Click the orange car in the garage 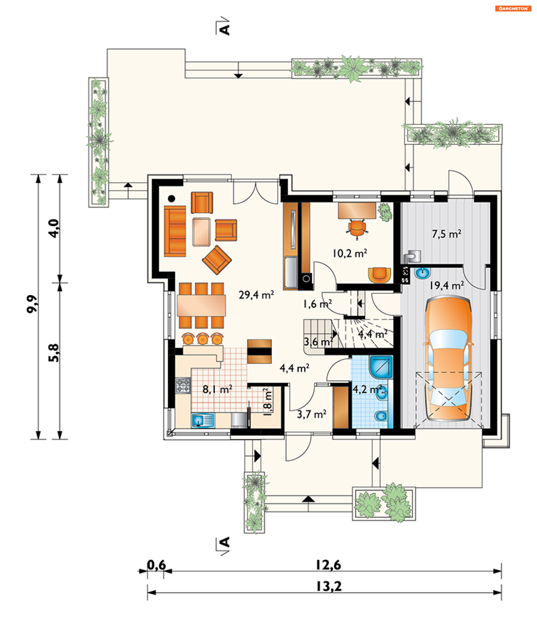coord(448,358)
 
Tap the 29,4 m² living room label coord(256,295)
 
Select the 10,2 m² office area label coord(350,253)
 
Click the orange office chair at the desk coord(357,229)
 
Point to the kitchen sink coord(203,420)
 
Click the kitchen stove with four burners coord(183,386)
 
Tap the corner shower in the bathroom coord(381,367)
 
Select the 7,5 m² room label coord(446,234)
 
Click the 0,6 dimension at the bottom coord(156,565)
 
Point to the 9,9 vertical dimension coord(32,304)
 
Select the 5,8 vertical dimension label coord(54,353)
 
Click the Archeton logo coord(513,8)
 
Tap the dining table coord(201,305)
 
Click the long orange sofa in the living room coord(175,231)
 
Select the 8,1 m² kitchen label coord(217,390)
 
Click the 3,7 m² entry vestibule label coord(312,414)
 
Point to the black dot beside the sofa coord(171,198)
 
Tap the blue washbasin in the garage coord(423,273)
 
